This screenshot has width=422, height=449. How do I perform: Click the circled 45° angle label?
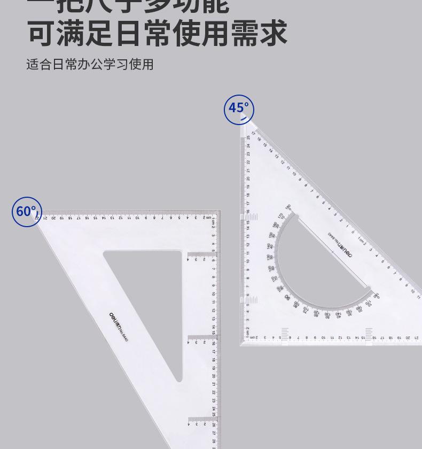coord(239,110)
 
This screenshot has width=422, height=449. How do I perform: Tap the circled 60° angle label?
coord(26,212)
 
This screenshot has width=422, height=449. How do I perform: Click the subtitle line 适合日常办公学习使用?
coord(90,65)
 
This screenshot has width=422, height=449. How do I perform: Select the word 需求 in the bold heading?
coord(259,33)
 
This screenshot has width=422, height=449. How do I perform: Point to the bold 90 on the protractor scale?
coord(287,297)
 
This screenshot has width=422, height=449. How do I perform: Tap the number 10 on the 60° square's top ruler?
coord(137,218)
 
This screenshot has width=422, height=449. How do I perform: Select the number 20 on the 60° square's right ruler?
coord(214,376)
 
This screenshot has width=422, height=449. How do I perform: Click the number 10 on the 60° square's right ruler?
coord(214,294)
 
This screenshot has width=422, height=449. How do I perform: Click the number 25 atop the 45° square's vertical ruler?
coord(248,137)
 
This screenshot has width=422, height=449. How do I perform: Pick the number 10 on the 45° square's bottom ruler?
coord(323,337)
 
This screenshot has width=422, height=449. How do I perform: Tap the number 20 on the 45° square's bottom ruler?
coord(407,337)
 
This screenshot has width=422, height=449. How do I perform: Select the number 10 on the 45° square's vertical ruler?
coord(247,261)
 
